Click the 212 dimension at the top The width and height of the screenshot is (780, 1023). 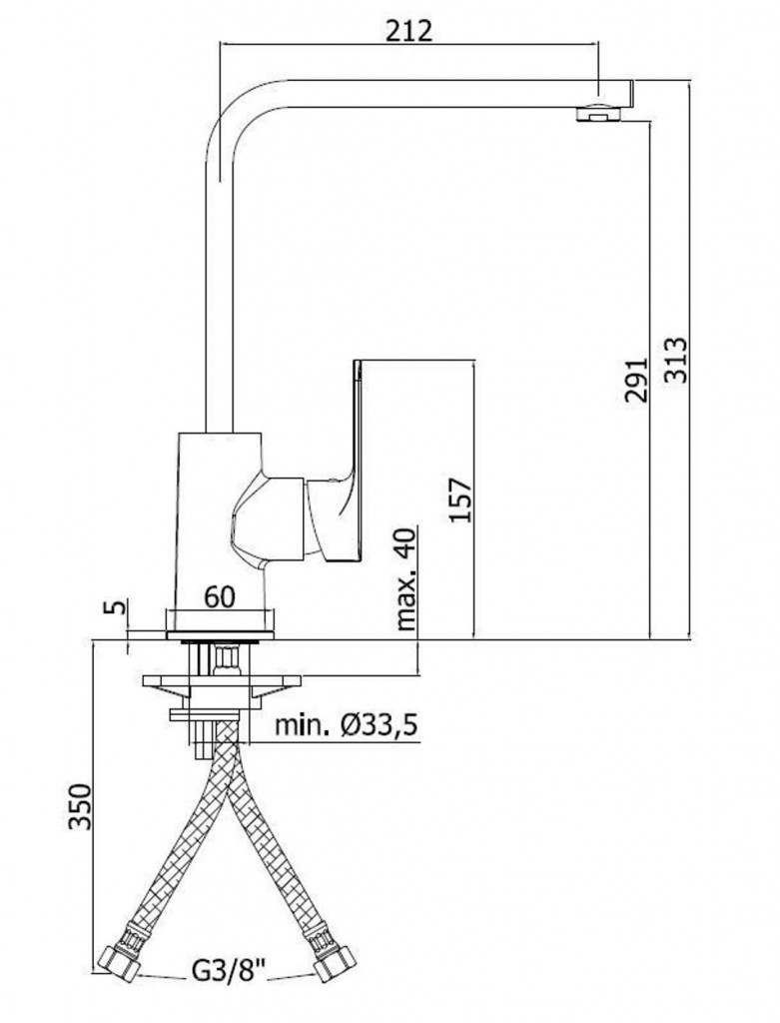[x=408, y=30]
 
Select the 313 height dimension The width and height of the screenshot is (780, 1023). [x=675, y=360]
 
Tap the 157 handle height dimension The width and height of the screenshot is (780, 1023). [x=460, y=500]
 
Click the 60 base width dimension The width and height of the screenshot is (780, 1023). [x=219, y=596]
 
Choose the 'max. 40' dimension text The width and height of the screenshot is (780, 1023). [x=405, y=578]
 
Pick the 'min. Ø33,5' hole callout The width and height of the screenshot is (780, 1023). [x=346, y=725]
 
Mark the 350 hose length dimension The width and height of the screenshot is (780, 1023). [x=80, y=806]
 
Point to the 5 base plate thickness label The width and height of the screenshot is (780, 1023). [x=115, y=606]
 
